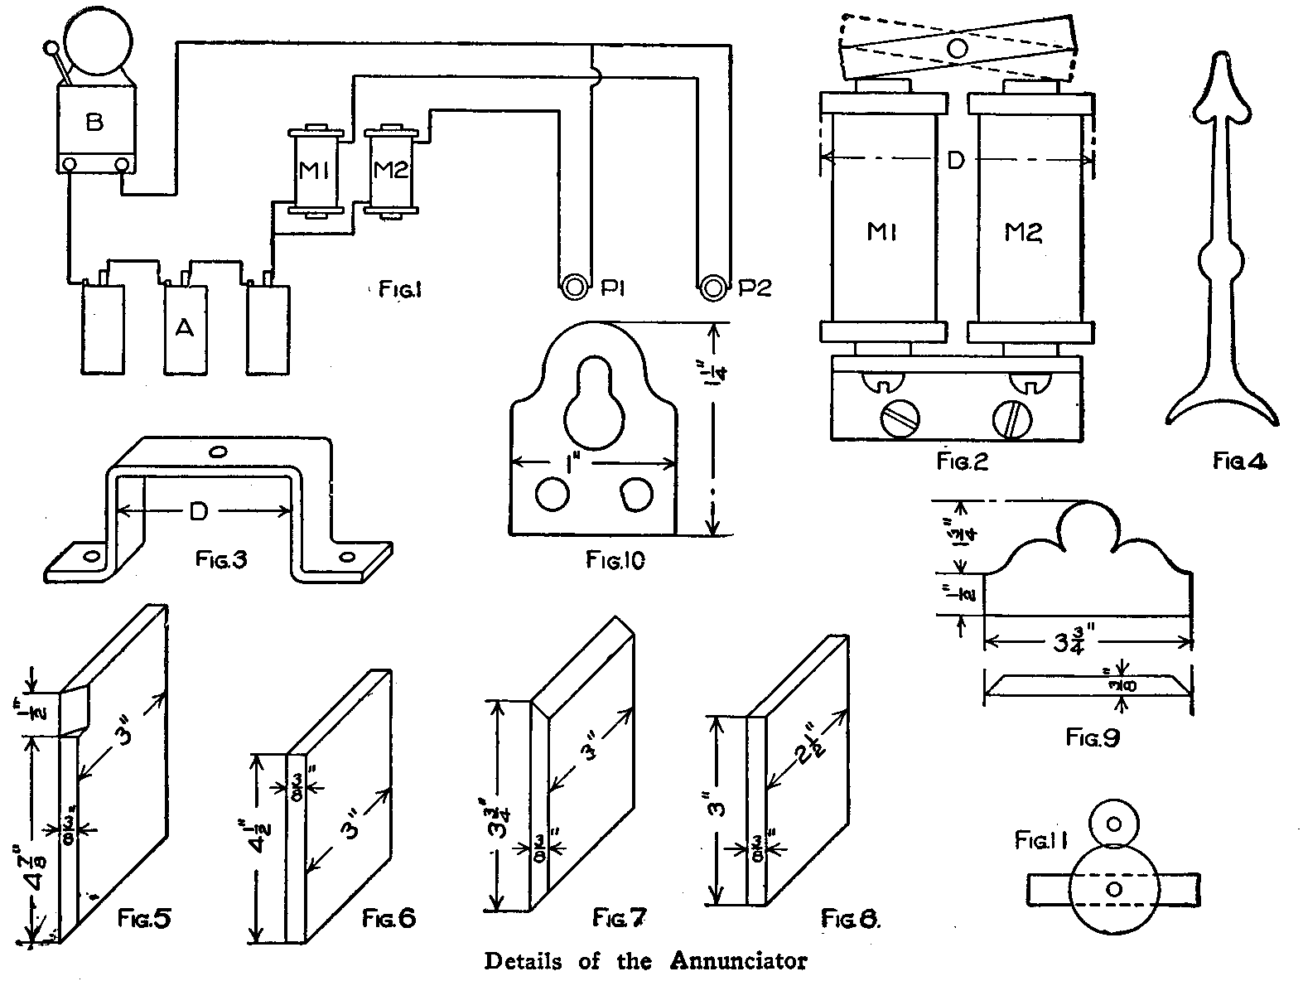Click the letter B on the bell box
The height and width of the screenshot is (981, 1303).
94,123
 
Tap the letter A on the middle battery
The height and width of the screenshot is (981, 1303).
185,329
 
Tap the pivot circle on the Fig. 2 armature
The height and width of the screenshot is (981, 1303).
957,47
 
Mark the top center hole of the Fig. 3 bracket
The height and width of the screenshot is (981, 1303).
218,452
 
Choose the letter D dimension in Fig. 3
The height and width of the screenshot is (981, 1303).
198,513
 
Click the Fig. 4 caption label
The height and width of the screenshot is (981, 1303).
1239,461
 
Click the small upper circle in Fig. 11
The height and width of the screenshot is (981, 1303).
1114,824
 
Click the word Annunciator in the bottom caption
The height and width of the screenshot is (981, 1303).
737,962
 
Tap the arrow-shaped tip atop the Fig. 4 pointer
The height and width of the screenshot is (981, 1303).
1221,89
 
